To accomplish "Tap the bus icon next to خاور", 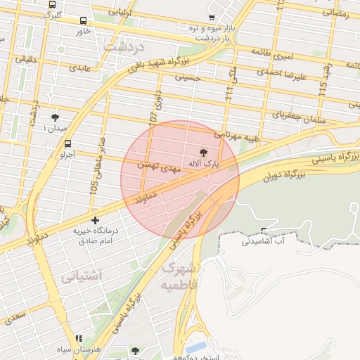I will point(84,21).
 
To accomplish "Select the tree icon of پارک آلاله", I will point(205,152).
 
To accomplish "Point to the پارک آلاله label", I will point(203,162).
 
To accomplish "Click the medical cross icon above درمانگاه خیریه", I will point(95,221).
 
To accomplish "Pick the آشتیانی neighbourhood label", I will point(82,276).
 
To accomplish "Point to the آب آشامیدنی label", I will point(264,241).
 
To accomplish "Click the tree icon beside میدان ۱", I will point(56,117).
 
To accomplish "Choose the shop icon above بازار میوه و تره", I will point(212,17).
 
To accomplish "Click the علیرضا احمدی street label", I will point(301,76).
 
